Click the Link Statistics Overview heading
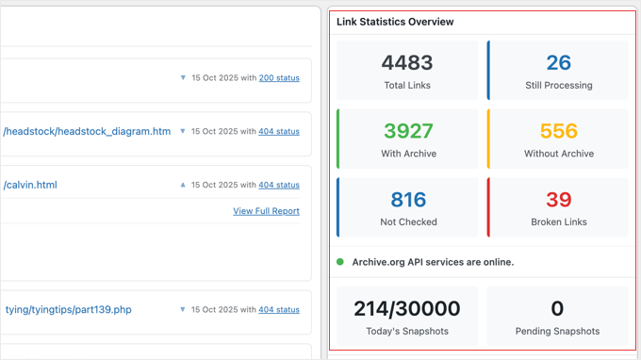pos(395,22)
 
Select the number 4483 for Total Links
pos(407,63)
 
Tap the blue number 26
pos(558,63)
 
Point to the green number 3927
pos(407,131)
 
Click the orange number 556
pos(558,131)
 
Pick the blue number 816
pos(407,200)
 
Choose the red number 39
pos(558,200)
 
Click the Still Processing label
pos(558,86)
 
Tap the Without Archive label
pos(558,154)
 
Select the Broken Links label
pos(558,222)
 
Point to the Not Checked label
pos(407,222)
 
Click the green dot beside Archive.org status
pos(340,262)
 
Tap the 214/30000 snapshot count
pos(407,308)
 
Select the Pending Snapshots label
pos(558,332)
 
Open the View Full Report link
pos(266,211)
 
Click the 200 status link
pos(279,78)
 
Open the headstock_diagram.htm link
pos(87,132)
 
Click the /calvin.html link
pos(30,185)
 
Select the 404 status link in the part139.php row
pos(279,310)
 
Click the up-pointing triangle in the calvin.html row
pos(183,185)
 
